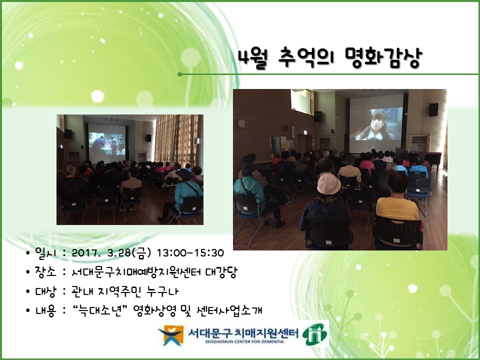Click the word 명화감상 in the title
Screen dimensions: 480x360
tap(383, 58)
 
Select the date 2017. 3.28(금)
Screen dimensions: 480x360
tap(111, 253)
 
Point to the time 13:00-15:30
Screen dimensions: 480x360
tap(190, 253)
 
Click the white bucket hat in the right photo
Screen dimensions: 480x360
tap(328, 183)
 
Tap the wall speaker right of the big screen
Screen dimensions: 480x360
tap(433, 109)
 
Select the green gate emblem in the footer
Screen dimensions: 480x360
tap(314, 334)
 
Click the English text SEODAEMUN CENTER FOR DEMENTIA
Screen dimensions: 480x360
tap(244, 341)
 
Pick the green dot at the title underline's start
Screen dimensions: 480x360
tap(179, 74)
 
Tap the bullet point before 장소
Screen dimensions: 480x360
tap(28, 272)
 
